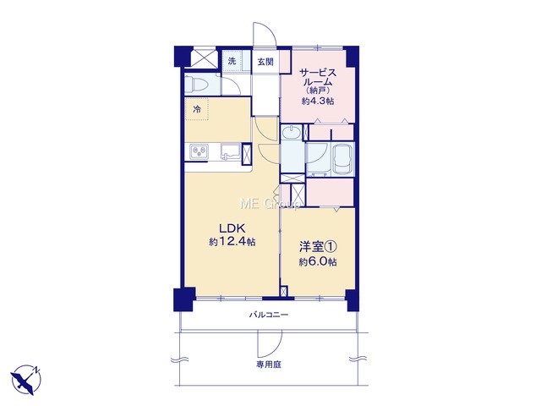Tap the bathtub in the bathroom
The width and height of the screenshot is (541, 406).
click(x=342, y=159)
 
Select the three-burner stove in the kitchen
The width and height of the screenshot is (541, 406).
click(x=199, y=151)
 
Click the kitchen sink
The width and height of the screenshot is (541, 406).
click(x=230, y=152)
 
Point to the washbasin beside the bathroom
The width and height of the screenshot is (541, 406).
click(x=292, y=132)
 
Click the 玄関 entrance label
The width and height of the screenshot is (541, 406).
click(x=265, y=62)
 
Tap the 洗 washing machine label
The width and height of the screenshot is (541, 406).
click(x=232, y=61)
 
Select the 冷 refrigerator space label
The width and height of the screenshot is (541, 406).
click(x=197, y=109)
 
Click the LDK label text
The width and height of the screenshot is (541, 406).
click(x=232, y=228)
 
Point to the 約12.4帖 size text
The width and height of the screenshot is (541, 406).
click(x=232, y=242)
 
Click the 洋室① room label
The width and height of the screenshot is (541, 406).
click(x=318, y=247)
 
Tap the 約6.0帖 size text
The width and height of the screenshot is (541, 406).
click(x=318, y=261)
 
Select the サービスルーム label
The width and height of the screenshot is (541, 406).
click(x=317, y=78)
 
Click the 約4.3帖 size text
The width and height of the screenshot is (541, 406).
click(x=318, y=101)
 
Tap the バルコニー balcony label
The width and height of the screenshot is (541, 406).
click(x=269, y=315)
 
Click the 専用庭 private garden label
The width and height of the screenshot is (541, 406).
click(x=269, y=365)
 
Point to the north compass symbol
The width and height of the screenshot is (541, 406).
click(x=25, y=380)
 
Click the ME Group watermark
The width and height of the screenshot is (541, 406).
click(x=270, y=204)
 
